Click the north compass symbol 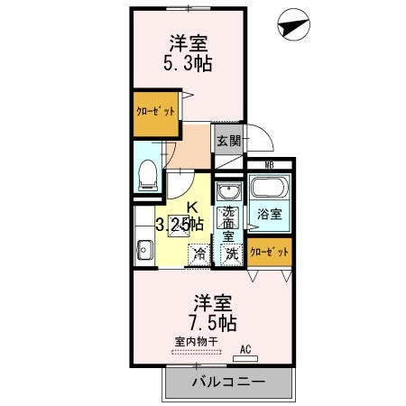[293, 24]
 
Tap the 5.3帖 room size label [188, 63]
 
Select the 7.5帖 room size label [213, 323]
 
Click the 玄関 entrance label [229, 140]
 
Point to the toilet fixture [148, 175]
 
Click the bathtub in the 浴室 [270, 187]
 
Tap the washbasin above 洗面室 [229, 191]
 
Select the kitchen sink [144, 250]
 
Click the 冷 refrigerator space [199, 254]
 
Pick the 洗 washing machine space [232, 254]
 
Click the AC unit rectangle [245, 358]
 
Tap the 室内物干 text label [196, 342]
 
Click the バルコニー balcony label [229, 382]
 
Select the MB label [270, 165]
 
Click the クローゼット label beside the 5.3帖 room [155, 112]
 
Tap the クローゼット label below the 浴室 [270, 252]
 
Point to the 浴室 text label [270, 214]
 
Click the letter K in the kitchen [192, 208]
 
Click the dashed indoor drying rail [196, 352]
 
